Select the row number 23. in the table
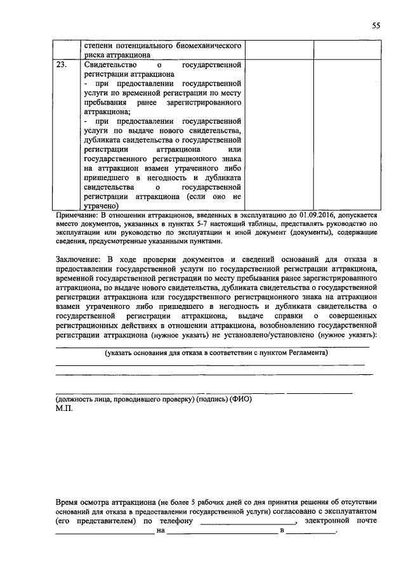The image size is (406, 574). point(62,65)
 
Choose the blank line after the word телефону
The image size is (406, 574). point(247,521)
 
